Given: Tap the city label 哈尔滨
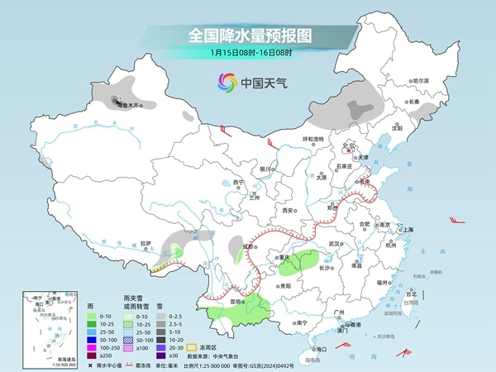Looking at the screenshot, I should click(422, 80).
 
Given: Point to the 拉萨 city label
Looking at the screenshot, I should click(146, 243).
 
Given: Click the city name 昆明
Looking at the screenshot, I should click(236, 303).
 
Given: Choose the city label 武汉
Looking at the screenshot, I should click(335, 244).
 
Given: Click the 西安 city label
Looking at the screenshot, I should click(289, 211).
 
